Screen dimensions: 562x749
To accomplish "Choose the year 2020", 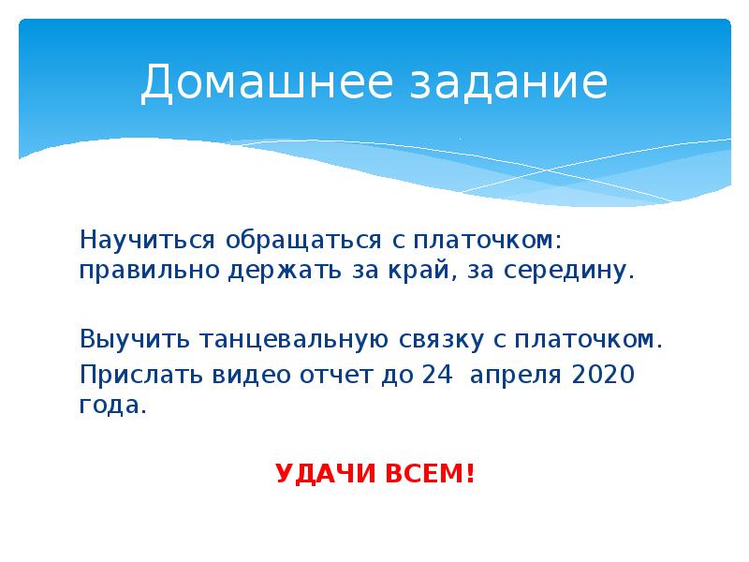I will (x=602, y=375).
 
